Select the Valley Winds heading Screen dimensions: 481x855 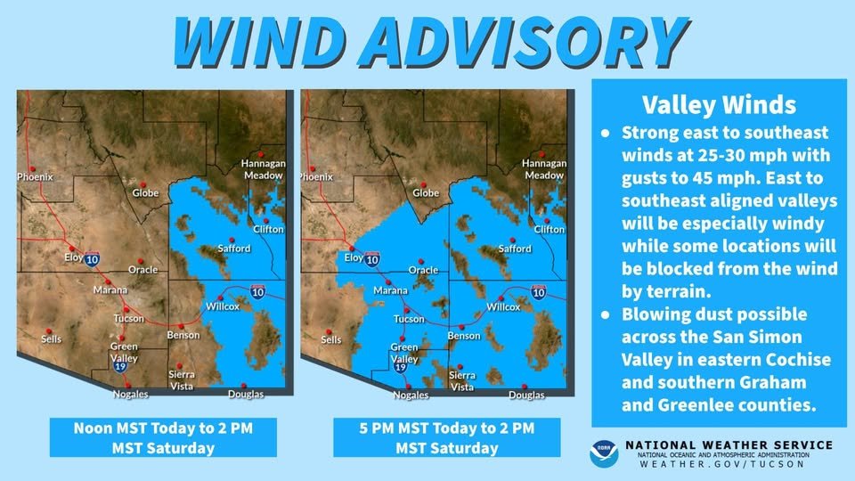[x=720, y=105]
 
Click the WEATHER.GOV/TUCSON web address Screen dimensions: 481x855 [x=729, y=464]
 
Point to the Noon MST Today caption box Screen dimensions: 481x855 [x=151, y=437]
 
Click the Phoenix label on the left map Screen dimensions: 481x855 [x=36, y=177]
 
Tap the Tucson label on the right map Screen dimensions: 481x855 [x=409, y=319]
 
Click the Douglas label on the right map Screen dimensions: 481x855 [x=525, y=395]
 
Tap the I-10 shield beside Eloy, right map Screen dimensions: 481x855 [x=372, y=260]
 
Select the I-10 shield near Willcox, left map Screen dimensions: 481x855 [x=256, y=292]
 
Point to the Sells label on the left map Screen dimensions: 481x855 [x=52, y=339]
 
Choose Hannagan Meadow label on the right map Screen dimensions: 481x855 [x=543, y=169]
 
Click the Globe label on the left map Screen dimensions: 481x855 [x=145, y=192]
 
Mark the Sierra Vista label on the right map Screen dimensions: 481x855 [x=462, y=381]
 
